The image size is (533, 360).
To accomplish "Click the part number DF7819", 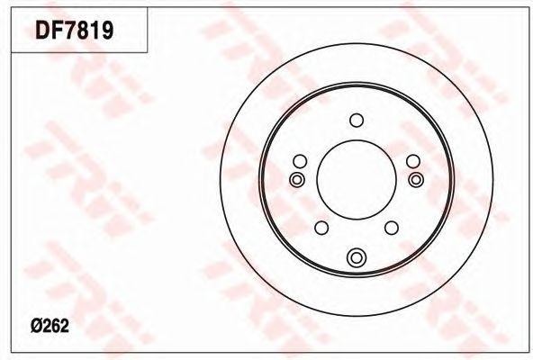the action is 75,31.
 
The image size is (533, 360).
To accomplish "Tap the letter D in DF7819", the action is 43,31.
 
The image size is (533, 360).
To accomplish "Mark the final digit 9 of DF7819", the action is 108,31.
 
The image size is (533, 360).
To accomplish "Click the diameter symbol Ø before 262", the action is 36,327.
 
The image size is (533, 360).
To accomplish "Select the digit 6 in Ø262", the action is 56,327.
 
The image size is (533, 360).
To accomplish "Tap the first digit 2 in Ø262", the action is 47,327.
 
